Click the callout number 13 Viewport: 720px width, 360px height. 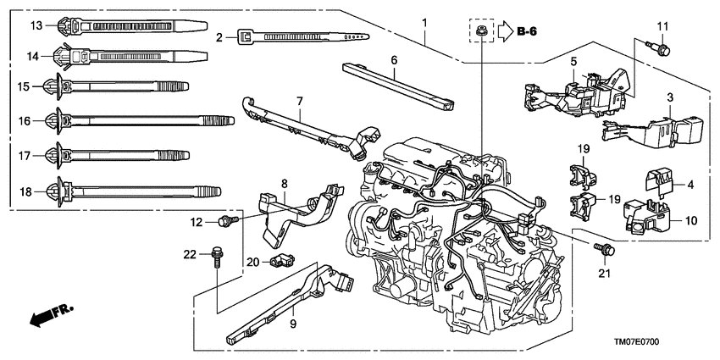click(36, 25)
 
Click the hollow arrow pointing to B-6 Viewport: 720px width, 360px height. click(504, 33)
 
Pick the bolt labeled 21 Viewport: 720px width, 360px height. click(605, 248)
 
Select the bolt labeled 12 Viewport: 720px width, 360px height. click(226, 221)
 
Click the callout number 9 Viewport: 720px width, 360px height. click(294, 323)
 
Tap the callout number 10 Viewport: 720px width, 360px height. click(691, 220)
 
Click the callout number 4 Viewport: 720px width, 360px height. click(691, 184)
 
